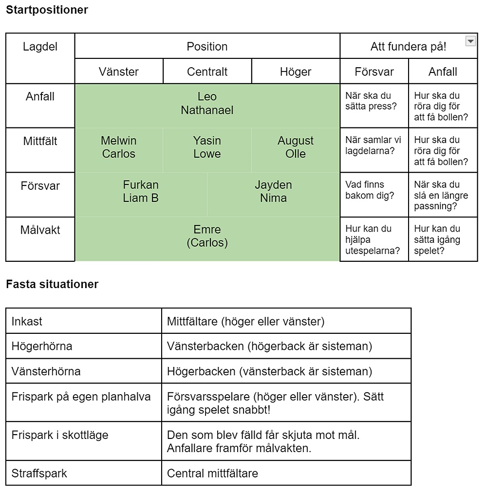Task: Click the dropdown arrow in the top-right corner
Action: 470,41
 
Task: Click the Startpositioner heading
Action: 47,10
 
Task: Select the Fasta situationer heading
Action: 52,284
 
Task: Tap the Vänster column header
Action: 119,72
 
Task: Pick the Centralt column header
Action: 207,72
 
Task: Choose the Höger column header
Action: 296,72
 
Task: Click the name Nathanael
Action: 207,110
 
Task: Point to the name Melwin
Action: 119,141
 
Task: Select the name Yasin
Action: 207,141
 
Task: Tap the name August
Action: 296,141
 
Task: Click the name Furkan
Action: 141,185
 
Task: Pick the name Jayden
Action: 274,185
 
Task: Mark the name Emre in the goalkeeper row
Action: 207,229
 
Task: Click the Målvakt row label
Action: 40,230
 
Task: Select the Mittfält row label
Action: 40,141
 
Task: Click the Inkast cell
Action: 84,321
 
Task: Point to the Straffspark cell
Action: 84,473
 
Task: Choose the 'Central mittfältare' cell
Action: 286,473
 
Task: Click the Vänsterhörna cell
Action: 84,371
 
